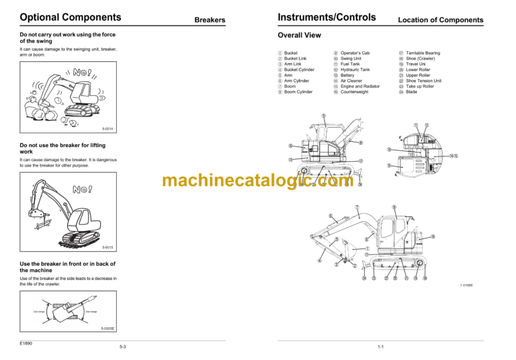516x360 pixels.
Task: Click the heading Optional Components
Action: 71,17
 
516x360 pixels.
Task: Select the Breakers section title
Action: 210,20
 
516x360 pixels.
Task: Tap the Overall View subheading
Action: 299,36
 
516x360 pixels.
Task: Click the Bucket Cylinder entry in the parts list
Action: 299,69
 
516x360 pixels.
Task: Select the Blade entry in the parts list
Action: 411,92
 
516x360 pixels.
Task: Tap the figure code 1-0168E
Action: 466,285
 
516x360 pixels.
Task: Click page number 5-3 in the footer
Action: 123,347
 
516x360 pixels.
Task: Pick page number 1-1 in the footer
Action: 380,347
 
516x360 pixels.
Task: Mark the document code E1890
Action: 27,343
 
